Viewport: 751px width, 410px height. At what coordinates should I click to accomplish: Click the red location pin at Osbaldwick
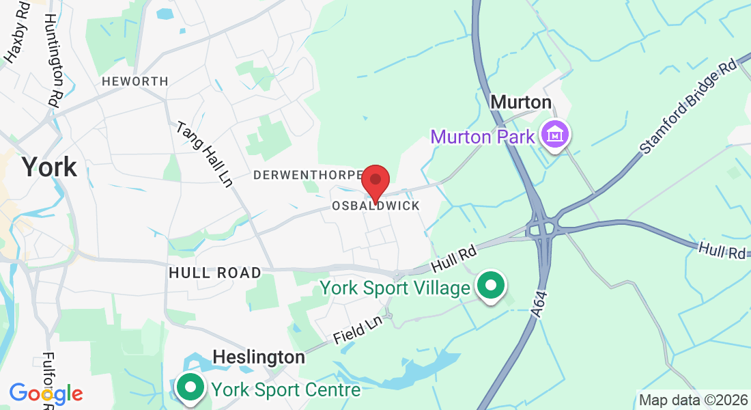pos(375,182)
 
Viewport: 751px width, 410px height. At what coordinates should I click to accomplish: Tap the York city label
pos(48,167)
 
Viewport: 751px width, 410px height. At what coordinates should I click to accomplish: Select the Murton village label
pos(521,102)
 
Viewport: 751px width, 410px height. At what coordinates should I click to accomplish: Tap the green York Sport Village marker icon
pos(491,286)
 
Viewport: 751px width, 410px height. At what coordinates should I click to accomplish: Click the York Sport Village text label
pos(395,288)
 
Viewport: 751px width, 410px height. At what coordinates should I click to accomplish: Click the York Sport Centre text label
pos(285,390)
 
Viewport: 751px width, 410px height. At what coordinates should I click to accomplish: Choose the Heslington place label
pos(259,357)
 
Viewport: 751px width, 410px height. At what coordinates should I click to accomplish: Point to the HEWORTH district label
pos(135,81)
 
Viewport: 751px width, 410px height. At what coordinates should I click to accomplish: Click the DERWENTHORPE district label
pos(306,176)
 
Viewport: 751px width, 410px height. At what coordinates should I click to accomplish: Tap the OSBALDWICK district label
pos(375,206)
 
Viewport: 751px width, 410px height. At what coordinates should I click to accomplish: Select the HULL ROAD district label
pos(215,273)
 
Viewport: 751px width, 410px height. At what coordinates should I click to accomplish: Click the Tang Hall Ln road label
pos(203,154)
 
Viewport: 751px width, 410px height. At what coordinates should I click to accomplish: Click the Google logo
pos(46,393)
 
